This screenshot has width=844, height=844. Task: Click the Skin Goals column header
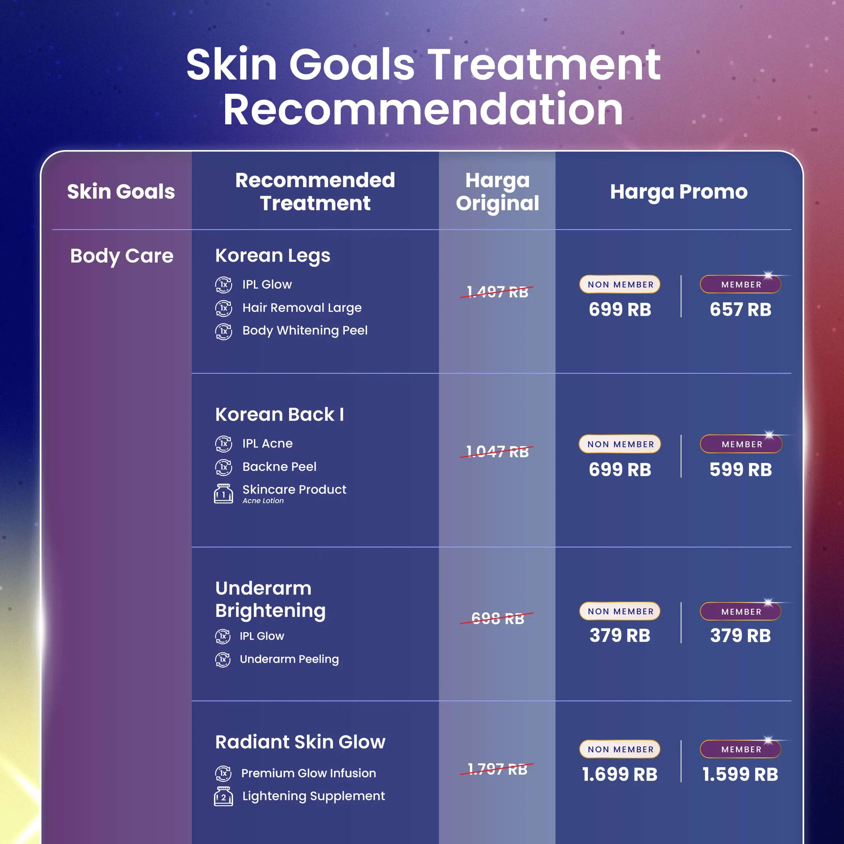[x=121, y=192]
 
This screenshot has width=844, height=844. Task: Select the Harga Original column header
[x=497, y=192]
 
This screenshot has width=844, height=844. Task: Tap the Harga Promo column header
[x=679, y=192]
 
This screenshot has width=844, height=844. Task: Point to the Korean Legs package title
[x=273, y=256]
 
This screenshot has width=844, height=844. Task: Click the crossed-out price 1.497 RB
[x=497, y=292]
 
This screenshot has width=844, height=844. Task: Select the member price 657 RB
[x=740, y=310]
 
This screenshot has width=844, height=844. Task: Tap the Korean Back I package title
[x=280, y=414]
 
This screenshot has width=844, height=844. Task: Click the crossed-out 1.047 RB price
[x=497, y=452]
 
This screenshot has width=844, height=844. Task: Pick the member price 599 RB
[x=740, y=469]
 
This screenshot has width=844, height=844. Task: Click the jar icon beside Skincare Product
[x=223, y=494]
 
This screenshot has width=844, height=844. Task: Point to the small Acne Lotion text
[x=263, y=501]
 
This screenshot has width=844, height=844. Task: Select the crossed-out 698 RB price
[x=497, y=618]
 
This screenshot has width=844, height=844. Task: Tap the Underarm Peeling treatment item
[x=289, y=659]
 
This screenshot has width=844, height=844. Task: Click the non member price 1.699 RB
[x=619, y=774]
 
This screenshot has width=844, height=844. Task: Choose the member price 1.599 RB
[x=740, y=774]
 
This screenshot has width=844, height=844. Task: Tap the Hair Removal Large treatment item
[x=302, y=308]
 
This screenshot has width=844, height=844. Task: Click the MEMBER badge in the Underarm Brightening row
[x=740, y=612]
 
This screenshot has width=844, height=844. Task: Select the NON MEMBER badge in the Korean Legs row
[x=619, y=285]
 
